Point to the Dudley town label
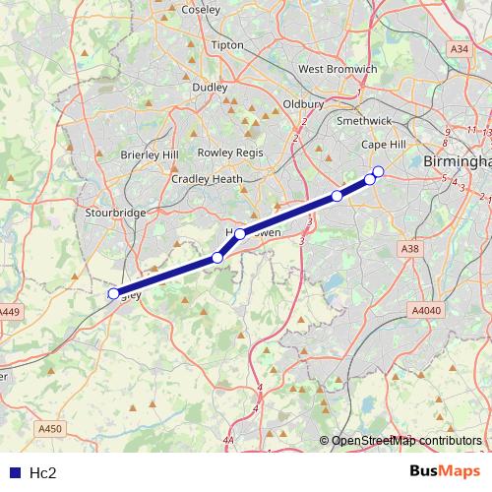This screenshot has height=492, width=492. point(210,87)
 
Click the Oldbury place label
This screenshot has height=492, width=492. point(303,103)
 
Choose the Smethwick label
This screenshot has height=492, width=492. point(365,120)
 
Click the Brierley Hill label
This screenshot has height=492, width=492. point(151,155)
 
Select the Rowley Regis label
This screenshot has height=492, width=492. point(228,153)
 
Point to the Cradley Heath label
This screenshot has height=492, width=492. point(207,179)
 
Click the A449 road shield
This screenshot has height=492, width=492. point(9,312)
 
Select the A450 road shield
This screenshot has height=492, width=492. point(49,428)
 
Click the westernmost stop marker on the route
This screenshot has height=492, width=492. point(113,293)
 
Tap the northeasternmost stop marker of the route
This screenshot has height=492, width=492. point(378,172)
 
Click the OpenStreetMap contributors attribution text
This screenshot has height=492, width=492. point(406,440)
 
